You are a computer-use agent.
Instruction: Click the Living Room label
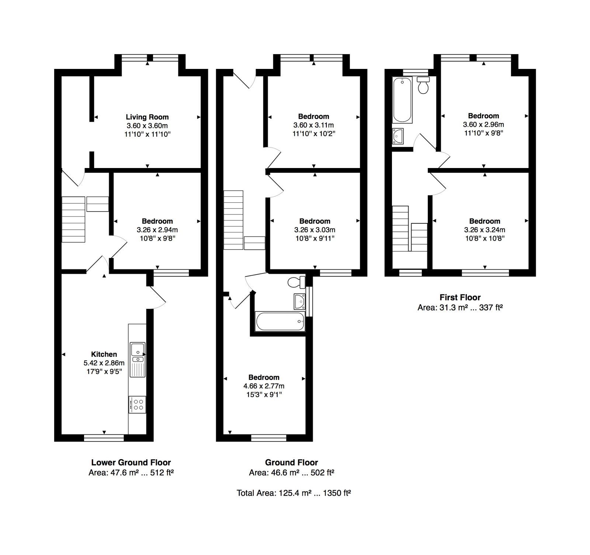click(147, 117)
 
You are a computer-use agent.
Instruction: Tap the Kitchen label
click(104, 355)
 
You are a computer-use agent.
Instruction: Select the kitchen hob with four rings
click(137, 404)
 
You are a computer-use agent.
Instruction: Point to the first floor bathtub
click(402, 100)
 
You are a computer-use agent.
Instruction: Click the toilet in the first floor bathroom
click(423, 85)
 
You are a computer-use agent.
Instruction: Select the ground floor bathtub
click(280, 321)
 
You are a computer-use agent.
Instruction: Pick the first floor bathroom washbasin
click(398, 136)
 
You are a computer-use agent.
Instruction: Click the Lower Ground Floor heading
click(131, 462)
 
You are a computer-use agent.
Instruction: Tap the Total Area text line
click(294, 493)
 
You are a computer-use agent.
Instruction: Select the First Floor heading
click(460, 297)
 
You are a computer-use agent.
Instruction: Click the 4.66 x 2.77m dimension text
click(264, 386)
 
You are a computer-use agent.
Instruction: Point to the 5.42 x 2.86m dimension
click(104, 363)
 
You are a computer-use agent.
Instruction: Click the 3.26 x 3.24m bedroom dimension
click(485, 230)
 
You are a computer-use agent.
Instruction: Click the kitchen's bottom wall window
click(104, 437)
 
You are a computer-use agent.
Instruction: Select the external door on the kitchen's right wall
click(156, 297)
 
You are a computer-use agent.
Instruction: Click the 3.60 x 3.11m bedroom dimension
click(313, 125)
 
